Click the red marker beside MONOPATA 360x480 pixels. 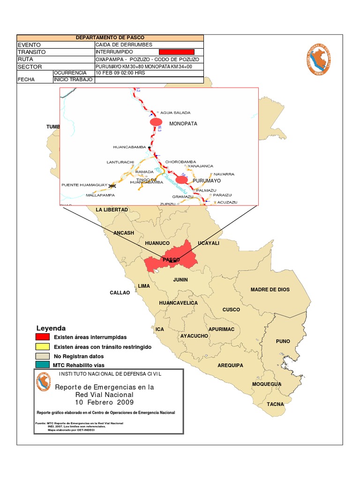pyautogui.click(x=156, y=122)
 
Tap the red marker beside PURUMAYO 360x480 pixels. pyautogui.click(x=181, y=180)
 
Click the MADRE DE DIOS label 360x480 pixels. pyautogui.click(x=270, y=290)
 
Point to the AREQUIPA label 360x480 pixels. pyautogui.click(x=231, y=365)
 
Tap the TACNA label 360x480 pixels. pyautogui.click(x=275, y=404)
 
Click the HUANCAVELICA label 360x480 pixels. pyautogui.click(x=179, y=303)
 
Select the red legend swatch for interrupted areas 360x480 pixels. pyautogui.click(x=43, y=337)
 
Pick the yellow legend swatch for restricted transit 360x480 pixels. pyautogui.click(x=43, y=346)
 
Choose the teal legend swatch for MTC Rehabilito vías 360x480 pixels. pyautogui.click(x=43, y=365)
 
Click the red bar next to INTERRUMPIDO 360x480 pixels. pyautogui.click(x=177, y=52)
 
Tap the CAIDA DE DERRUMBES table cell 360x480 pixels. pyautogui.click(x=149, y=45)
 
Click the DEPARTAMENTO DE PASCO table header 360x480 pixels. pyautogui.click(x=110, y=37)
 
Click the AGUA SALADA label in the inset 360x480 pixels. pyautogui.click(x=176, y=112)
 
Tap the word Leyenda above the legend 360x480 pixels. pyautogui.click(x=51, y=328)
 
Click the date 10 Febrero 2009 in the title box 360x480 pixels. pyautogui.click(x=105, y=402)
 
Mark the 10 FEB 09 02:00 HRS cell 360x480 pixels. pyautogui.click(x=149, y=73)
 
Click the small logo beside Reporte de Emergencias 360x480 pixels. pyautogui.click(x=43, y=382)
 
